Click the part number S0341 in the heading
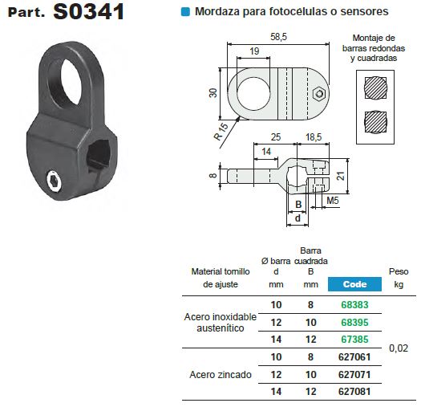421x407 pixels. point(88,14)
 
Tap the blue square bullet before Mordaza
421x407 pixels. point(186,13)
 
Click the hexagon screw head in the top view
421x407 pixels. point(319,93)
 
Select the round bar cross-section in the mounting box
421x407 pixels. point(374,86)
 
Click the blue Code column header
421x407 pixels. point(354,284)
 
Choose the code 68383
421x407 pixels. point(354,305)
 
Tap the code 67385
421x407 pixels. point(354,339)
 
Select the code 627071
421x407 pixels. point(354,374)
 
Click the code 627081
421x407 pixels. point(354,391)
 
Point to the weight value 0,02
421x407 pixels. point(398,348)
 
